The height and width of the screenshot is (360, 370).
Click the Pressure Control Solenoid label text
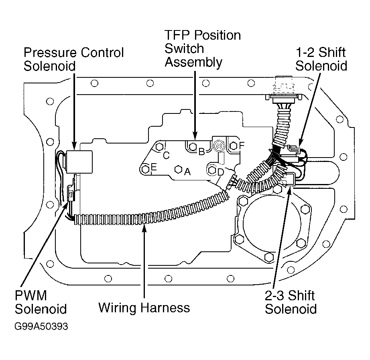pos(73,59)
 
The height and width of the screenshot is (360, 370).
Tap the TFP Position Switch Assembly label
pos(203,49)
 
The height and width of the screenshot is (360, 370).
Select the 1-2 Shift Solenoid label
pos(321,59)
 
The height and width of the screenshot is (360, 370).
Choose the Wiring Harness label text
pos(144,307)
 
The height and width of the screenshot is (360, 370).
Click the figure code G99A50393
pos(41,326)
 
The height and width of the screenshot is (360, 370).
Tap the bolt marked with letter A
pos(179,169)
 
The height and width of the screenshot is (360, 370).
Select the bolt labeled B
pos(193,147)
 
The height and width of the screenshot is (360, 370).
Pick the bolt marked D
pos(212,170)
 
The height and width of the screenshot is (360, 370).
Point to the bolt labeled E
pos(146,169)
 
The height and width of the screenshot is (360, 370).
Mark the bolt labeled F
pos(233,146)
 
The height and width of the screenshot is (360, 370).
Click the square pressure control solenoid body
pos(79,162)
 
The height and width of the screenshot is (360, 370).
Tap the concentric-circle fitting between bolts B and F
pos(219,146)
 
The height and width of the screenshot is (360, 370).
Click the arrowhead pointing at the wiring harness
pos(144,228)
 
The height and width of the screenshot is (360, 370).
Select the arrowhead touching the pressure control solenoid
pos(74,146)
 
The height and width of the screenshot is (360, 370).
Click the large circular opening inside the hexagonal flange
pos(272,222)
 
